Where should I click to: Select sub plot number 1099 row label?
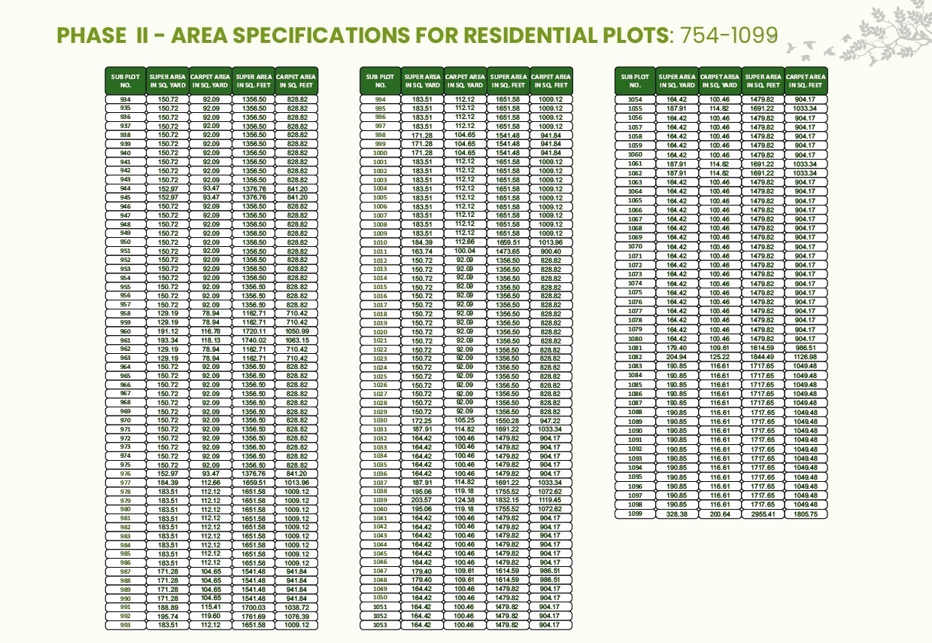click(635, 513)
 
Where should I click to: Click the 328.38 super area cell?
click(677, 513)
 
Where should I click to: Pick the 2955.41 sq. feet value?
click(763, 513)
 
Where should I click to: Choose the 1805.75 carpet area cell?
click(805, 513)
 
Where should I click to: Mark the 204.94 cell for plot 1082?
click(677, 357)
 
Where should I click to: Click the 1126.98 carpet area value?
click(805, 357)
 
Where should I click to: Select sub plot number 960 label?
click(125, 331)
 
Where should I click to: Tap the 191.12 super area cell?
click(168, 331)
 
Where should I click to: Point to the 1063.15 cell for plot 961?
click(297, 340)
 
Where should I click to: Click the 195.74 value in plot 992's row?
click(168, 616)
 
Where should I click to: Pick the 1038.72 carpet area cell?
click(297, 607)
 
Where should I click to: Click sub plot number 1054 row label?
click(635, 99)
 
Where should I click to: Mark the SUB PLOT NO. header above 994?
click(380, 81)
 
